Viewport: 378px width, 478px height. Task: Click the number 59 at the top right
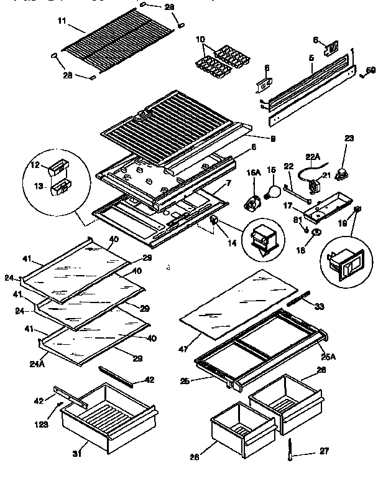(x=369, y=70)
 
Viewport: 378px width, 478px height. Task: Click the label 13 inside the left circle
(x=39, y=185)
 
